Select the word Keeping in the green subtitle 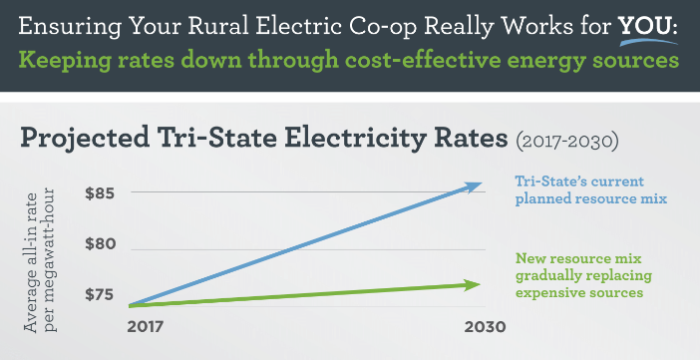68,61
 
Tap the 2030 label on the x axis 484,326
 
